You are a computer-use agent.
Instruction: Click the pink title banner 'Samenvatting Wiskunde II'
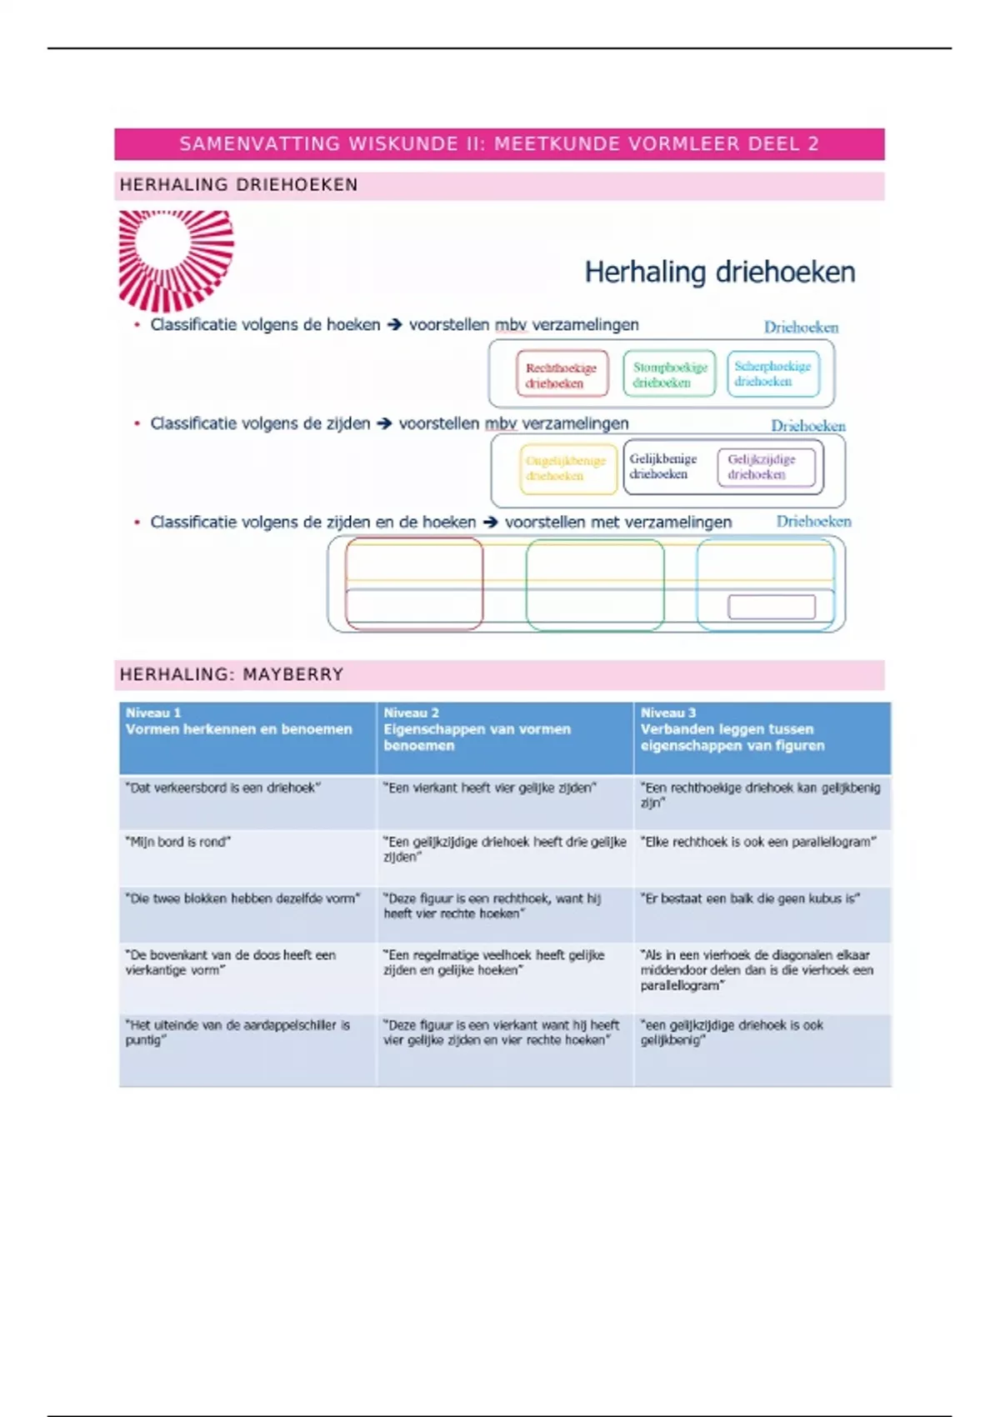point(499,143)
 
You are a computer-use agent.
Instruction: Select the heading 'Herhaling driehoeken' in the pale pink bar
point(239,185)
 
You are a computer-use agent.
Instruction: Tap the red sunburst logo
point(176,259)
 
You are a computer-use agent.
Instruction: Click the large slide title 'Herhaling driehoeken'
point(719,272)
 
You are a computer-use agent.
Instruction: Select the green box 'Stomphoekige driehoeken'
point(669,374)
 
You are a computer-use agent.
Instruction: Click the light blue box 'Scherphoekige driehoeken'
point(772,373)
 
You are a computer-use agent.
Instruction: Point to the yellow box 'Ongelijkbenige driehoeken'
point(566,468)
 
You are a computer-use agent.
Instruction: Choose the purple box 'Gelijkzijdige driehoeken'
point(762,467)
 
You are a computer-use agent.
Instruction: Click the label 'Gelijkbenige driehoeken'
point(662,466)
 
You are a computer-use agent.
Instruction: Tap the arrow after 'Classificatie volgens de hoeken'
point(394,325)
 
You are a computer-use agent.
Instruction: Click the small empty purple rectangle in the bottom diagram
point(772,607)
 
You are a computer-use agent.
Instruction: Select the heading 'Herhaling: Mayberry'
point(232,674)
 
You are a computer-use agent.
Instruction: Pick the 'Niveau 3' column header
point(761,729)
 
